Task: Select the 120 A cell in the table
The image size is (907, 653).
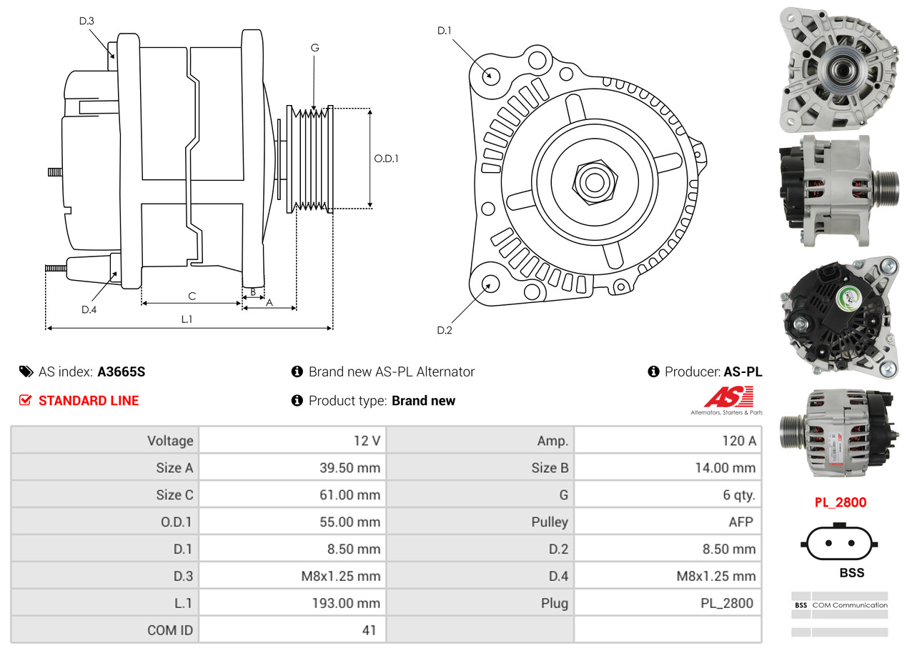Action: pos(738,440)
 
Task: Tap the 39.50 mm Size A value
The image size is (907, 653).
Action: pos(350,468)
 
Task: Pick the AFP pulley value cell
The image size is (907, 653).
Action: pos(740,522)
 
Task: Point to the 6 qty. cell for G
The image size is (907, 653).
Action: pos(738,494)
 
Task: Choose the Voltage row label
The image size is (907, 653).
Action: pos(170,440)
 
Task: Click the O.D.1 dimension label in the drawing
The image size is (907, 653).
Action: pos(386,159)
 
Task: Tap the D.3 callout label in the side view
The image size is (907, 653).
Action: pos(86,21)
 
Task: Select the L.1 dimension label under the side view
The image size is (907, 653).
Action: pos(187,319)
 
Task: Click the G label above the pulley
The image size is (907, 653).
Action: pos(314,48)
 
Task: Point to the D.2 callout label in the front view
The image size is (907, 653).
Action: pos(445,330)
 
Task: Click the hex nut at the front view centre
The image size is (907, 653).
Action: pos(593,181)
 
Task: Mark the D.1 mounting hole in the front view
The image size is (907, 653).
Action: pos(490,75)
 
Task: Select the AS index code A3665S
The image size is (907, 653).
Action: pos(122,372)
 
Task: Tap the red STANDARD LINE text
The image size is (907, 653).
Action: pos(89,401)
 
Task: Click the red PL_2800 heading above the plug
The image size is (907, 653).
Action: pos(841,502)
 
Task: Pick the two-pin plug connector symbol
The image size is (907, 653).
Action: pos(841,544)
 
